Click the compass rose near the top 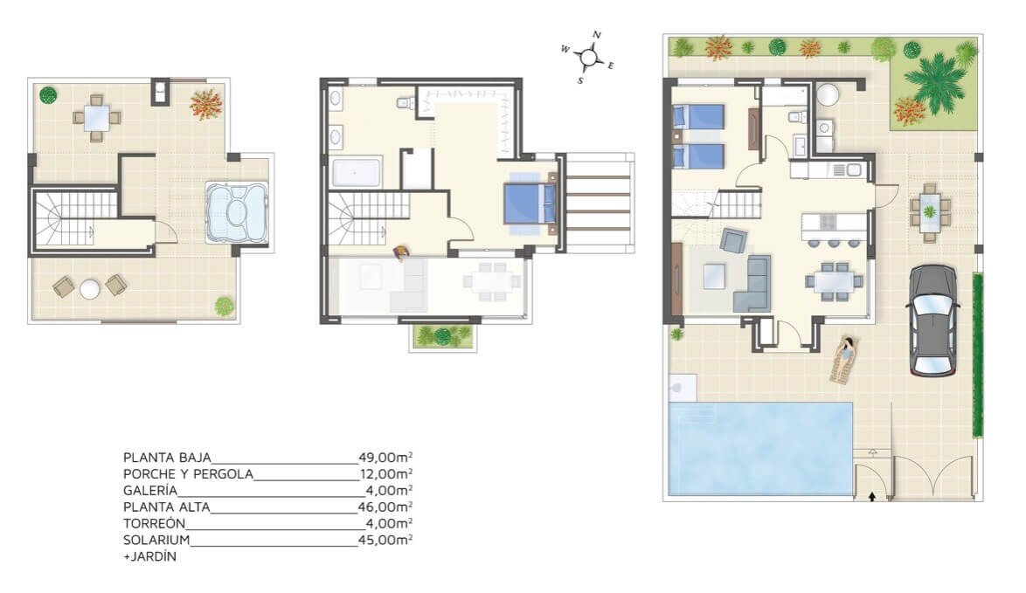coord(588,58)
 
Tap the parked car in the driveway coord(932,321)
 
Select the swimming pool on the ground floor coord(760,448)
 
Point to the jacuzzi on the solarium coord(237,212)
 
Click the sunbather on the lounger coord(846,359)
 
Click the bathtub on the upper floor coord(357,173)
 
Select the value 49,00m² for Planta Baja coord(385,457)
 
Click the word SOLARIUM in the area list coord(156,540)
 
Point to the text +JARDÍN coord(149,557)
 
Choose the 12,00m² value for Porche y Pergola coord(386,474)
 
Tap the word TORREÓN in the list coord(155,523)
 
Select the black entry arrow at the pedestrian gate coord(871,496)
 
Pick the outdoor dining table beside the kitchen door coord(930,212)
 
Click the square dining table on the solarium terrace coord(97,118)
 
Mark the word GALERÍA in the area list coord(149,490)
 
